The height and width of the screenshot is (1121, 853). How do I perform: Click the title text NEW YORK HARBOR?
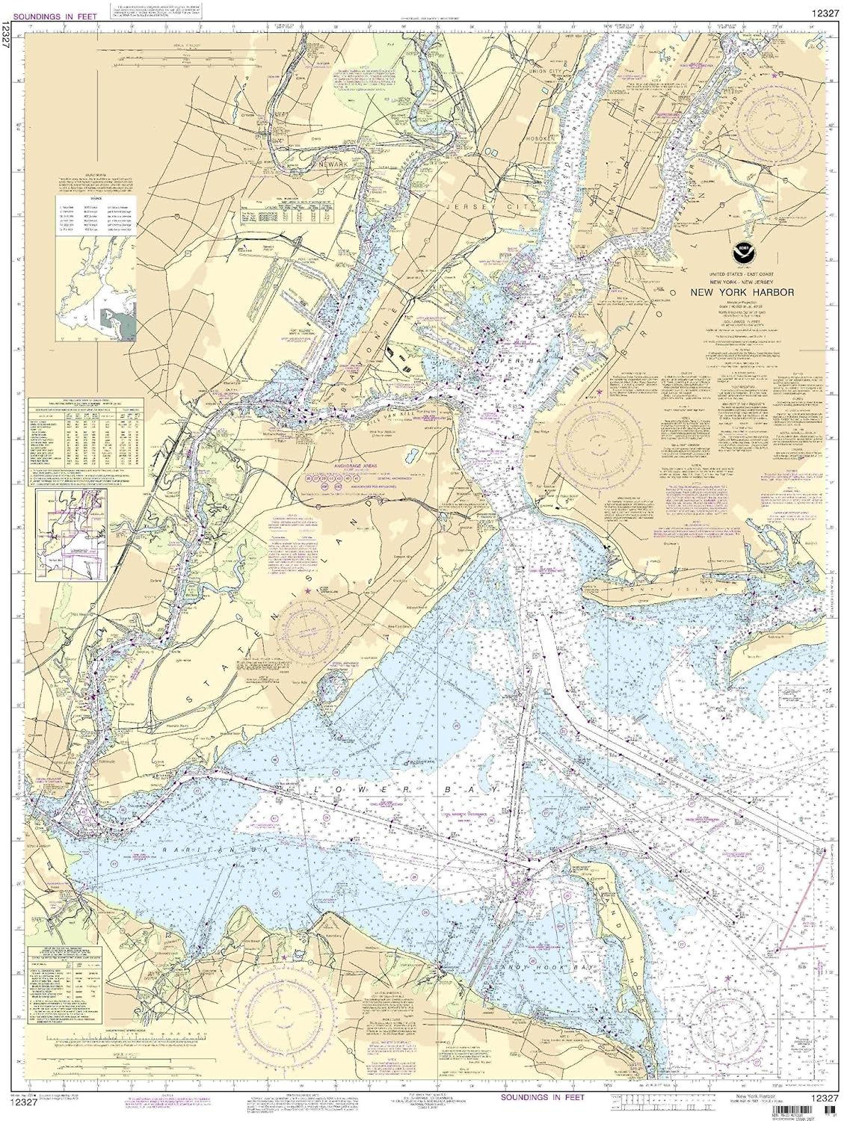pos(742,293)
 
